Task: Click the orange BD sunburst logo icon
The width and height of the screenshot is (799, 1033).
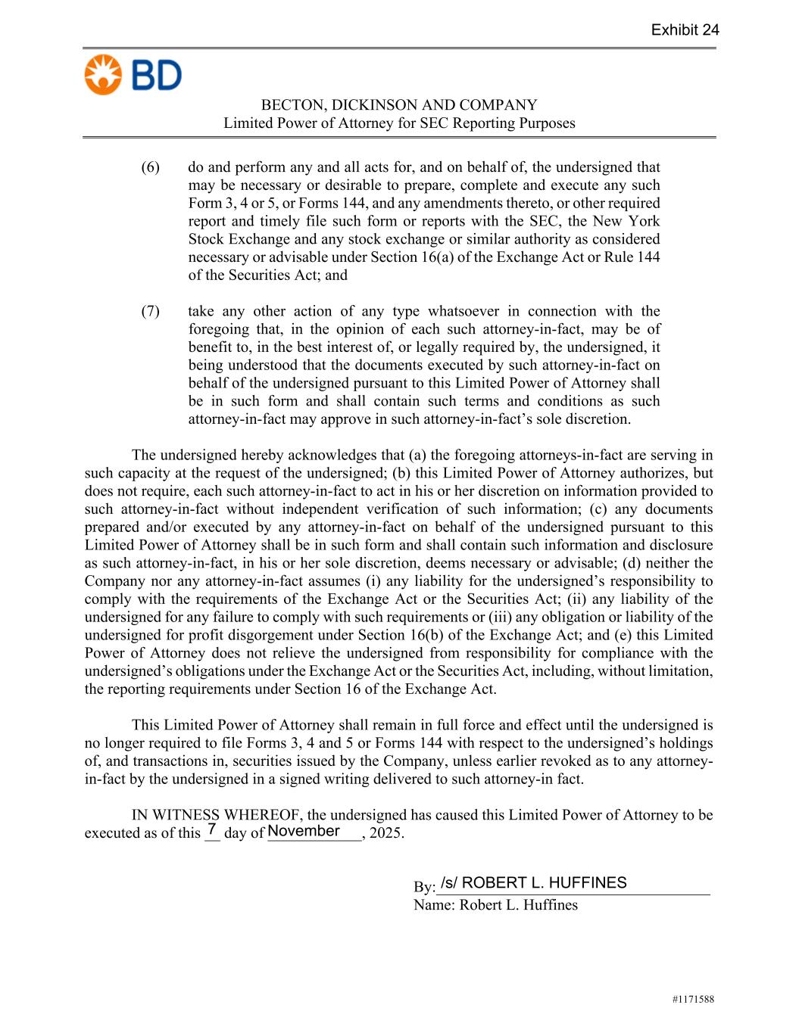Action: pos(103,74)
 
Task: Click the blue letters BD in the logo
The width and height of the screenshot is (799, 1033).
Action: pos(156,76)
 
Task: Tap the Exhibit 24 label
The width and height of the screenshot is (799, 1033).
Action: pos(685,30)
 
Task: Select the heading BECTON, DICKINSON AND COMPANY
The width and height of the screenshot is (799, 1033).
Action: pos(399,105)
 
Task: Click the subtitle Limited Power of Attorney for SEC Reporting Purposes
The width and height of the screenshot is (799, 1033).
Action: pos(399,123)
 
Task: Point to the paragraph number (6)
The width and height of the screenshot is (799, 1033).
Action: pos(151,167)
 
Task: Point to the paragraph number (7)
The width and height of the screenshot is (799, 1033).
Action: pos(151,311)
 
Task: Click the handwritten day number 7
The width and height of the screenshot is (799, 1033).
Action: pos(212,829)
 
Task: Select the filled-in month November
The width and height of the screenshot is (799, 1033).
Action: pos(304,831)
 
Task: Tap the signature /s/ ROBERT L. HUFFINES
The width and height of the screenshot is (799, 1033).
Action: pos(533,882)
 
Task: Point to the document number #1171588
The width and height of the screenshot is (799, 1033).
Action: pos(692,999)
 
